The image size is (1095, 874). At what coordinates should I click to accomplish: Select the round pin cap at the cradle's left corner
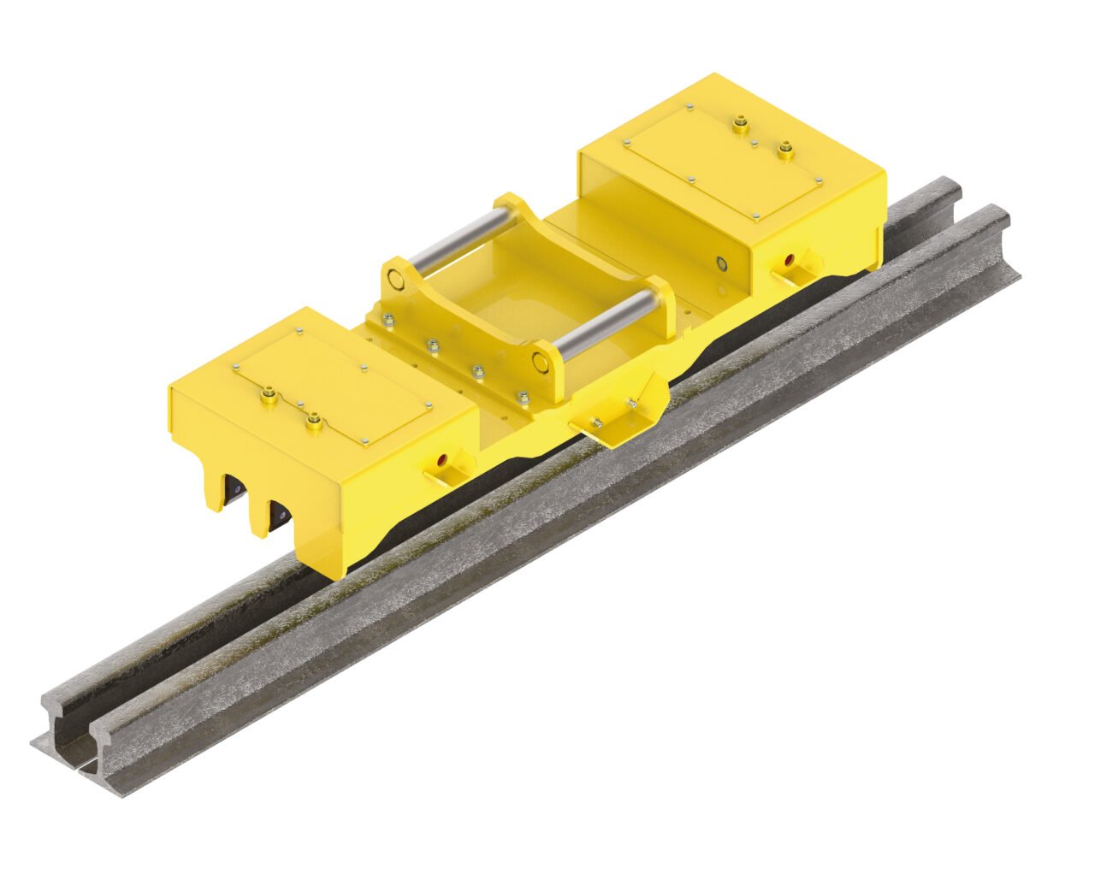pos(394,278)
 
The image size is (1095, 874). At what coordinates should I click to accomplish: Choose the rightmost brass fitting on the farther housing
pos(784,151)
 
